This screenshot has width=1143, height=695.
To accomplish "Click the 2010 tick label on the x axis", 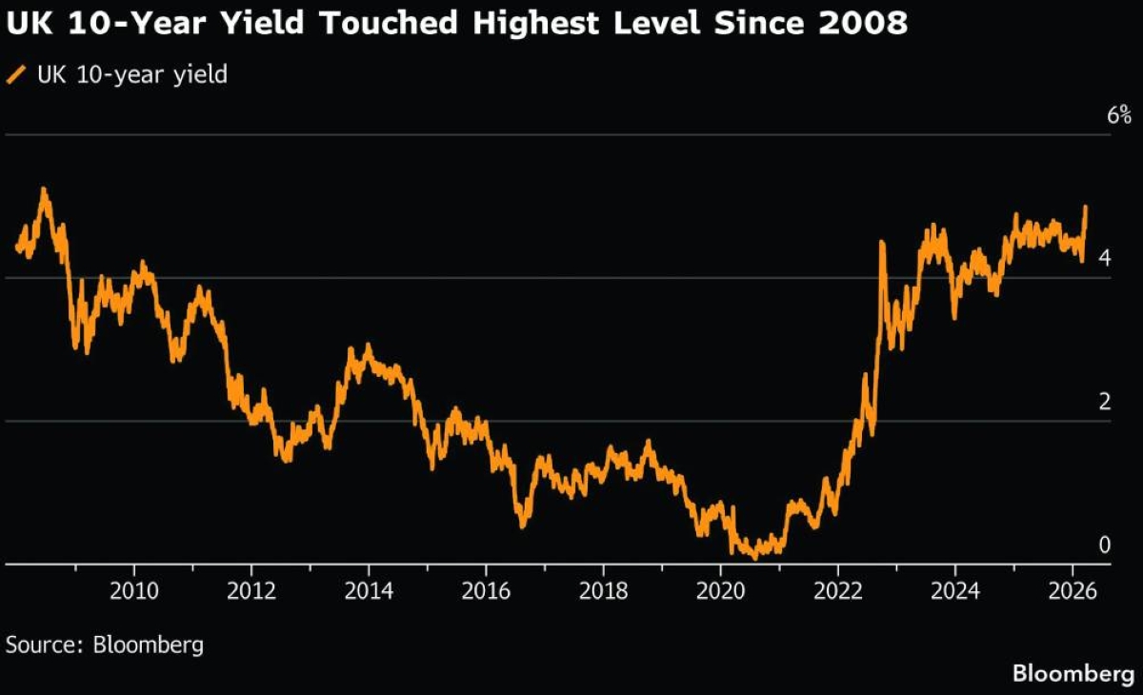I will tap(134, 591).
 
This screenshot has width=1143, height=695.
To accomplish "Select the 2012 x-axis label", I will tap(251, 591).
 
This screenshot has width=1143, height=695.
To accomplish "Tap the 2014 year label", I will tap(369, 591).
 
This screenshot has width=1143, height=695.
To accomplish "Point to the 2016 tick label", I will tap(486, 591).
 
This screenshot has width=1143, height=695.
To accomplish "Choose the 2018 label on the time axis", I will tap(603, 591).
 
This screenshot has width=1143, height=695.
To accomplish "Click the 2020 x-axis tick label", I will tap(720, 591).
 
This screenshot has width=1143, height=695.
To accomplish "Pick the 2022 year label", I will tap(837, 591).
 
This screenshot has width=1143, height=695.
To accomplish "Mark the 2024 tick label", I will tap(954, 591).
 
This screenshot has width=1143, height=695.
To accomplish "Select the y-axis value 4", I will tap(1104, 258).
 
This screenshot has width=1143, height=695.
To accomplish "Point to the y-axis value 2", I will tap(1104, 402).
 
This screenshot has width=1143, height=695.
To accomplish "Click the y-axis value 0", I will tap(1104, 545).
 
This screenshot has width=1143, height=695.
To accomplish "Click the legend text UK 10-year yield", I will tap(131, 74).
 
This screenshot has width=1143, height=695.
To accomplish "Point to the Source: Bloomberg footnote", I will tap(105, 645).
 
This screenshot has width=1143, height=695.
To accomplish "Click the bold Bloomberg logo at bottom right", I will tap(1073, 674).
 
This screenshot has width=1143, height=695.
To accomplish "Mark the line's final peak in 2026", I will tap(1085, 207).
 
